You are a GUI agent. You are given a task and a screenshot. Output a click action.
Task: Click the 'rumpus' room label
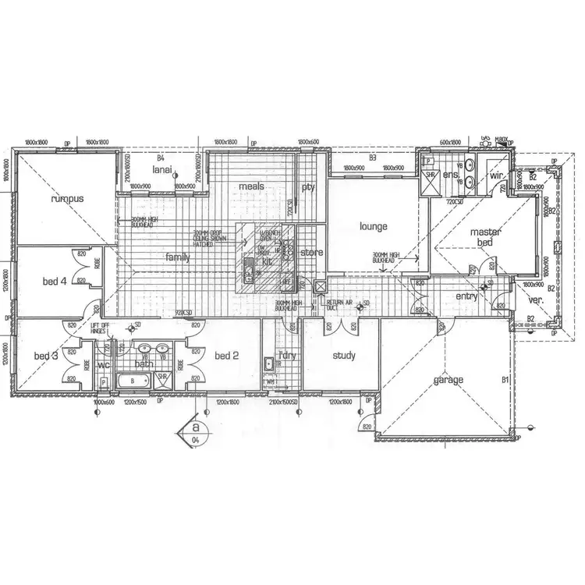pyautogui.click(x=66, y=199)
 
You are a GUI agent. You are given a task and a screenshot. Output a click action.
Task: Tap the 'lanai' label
pyautogui.click(x=161, y=168)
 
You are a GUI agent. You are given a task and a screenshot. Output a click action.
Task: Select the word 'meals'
pyautogui.click(x=251, y=186)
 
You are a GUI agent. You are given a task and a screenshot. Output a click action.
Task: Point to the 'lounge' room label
pyautogui.click(x=373, y=227)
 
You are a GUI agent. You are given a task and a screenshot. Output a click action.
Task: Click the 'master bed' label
pyautogui.click(x=485, y=238)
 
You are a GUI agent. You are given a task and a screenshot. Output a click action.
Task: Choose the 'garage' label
pyautogui.click(x=448, y=380)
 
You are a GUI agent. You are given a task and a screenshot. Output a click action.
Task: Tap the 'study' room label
pyautogui.click(x=344, y=356)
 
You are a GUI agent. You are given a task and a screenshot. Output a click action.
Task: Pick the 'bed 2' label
pyautogui.click(x=225, y=356)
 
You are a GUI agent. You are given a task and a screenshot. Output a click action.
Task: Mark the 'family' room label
pyautogui.click(x=177, y=257)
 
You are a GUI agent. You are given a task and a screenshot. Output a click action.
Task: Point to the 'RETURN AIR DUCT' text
pyautogui.click(x=339, y=305)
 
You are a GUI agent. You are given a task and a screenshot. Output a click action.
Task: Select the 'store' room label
pyautogui.click(x=311, y=252)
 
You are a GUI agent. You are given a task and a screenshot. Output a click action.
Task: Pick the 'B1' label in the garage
pyautogui.click(x=505, y=380)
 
